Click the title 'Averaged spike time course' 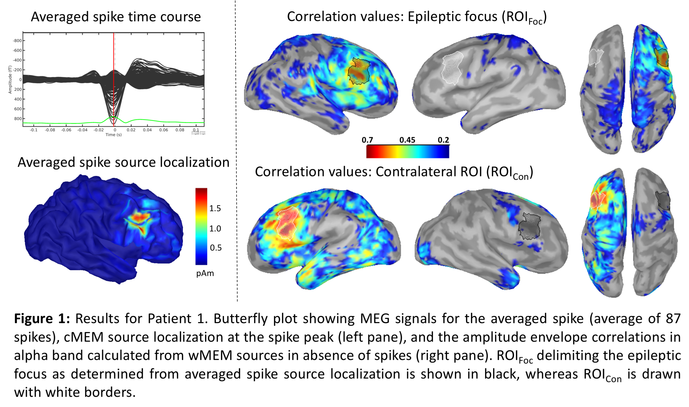coord(116,17)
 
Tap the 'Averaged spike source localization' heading coord(123,163)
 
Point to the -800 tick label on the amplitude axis coord(17,41)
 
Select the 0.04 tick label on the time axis coord(147,130)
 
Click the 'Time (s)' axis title coord(113,135)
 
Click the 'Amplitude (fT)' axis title coord(10,80)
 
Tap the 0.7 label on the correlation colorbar coord(367,140)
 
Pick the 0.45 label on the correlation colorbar coord(407,140)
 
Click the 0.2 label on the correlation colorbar coord(443,140)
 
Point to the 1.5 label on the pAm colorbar coord(215,208)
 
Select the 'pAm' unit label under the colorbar coord(205,274)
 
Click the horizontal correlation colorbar coord(408,151)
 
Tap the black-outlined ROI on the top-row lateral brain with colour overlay coord(359,71)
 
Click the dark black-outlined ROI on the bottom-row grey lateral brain coord(529,226)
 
